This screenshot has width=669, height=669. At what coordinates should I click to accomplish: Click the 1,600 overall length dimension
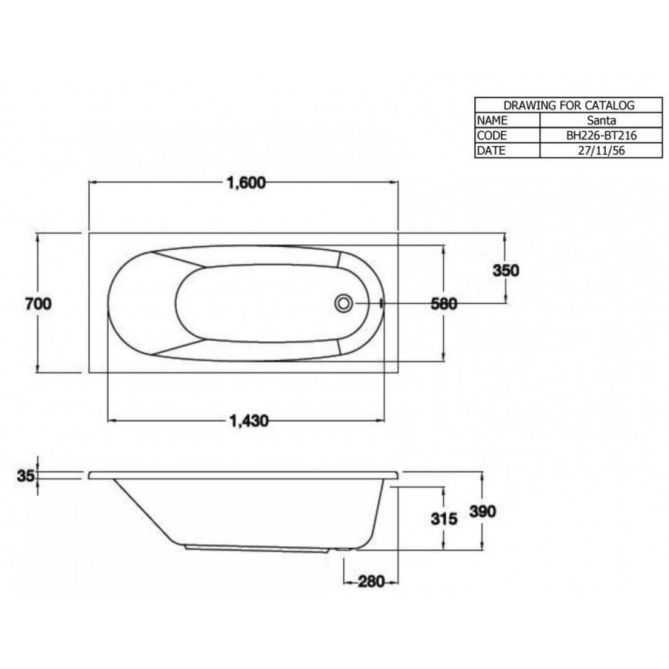click(x=246, y=183)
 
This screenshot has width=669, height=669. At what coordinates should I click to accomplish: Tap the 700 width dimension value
click(x=39, y=304)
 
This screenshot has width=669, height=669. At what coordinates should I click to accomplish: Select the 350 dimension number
click(x=506, y=271)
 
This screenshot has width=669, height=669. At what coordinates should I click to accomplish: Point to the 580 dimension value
click(x=444, y=304)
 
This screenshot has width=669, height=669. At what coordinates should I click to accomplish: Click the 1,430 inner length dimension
click(x=249, y=421)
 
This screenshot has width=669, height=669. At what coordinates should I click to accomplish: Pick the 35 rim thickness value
click(x=26, y=475)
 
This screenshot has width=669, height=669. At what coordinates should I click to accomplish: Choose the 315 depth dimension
click(x=444, y=519)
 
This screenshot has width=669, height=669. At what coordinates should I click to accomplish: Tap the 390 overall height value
click(x=483, y=511)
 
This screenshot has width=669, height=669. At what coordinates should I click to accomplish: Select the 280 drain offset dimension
click(x=371, y=581)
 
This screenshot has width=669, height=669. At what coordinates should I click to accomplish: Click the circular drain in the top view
click(x=344, y=303)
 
